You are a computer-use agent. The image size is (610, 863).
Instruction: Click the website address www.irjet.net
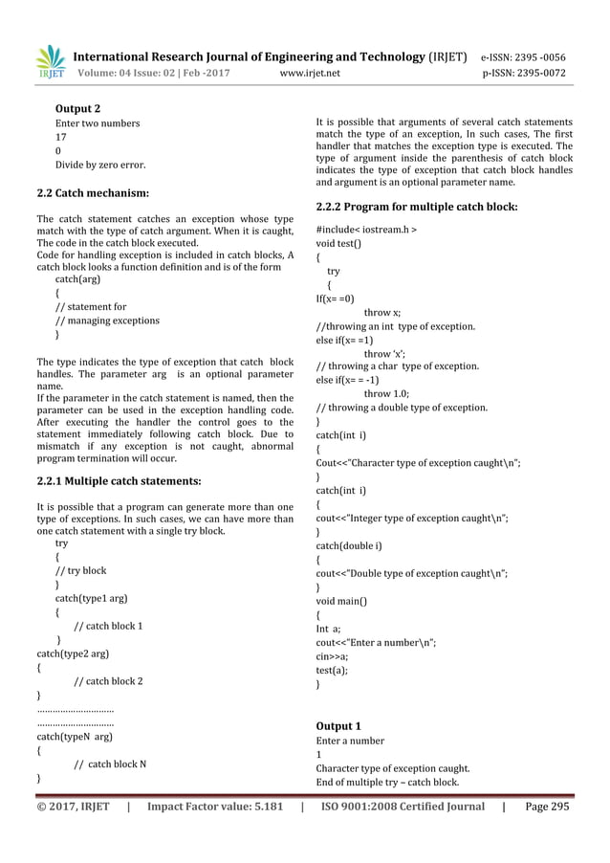[x=318, y=73]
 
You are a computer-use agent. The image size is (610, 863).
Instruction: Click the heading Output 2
[x=78, y=107]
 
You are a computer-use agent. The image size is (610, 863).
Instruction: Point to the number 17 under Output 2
[x=61, y=137]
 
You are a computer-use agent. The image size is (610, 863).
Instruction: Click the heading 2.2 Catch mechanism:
[x=92, y=193]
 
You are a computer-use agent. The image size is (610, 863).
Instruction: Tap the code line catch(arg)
[x=77, y=279]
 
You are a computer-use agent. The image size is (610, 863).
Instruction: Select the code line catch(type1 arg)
[x=92, y=599]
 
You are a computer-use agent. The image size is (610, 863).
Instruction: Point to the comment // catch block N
[x=111, y=763]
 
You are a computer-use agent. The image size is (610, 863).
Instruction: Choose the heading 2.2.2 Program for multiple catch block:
[x=417, y=206]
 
